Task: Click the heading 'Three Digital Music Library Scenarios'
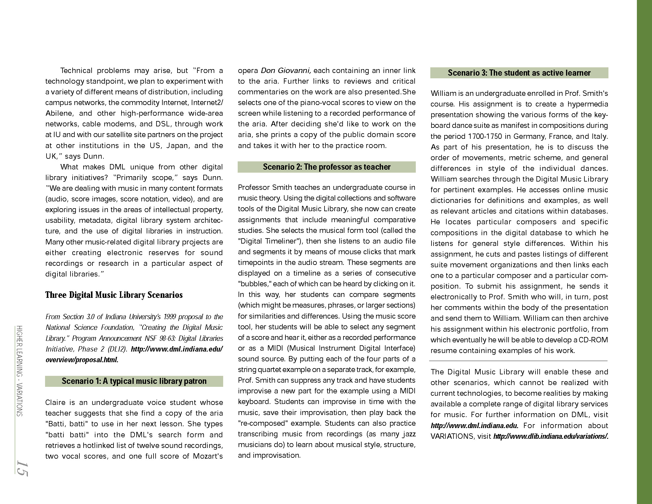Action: [114, 295]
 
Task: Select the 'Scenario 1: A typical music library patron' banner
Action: [134, 381]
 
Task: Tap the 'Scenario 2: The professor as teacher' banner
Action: [327, 167]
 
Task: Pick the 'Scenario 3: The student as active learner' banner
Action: [519, 73]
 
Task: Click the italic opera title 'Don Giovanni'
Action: [286, 71]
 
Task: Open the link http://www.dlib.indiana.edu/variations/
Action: [551, 436]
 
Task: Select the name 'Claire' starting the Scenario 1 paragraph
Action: [55, 403]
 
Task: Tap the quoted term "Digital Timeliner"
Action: [270, 241]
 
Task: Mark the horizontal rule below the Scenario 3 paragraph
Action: [519, 361]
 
